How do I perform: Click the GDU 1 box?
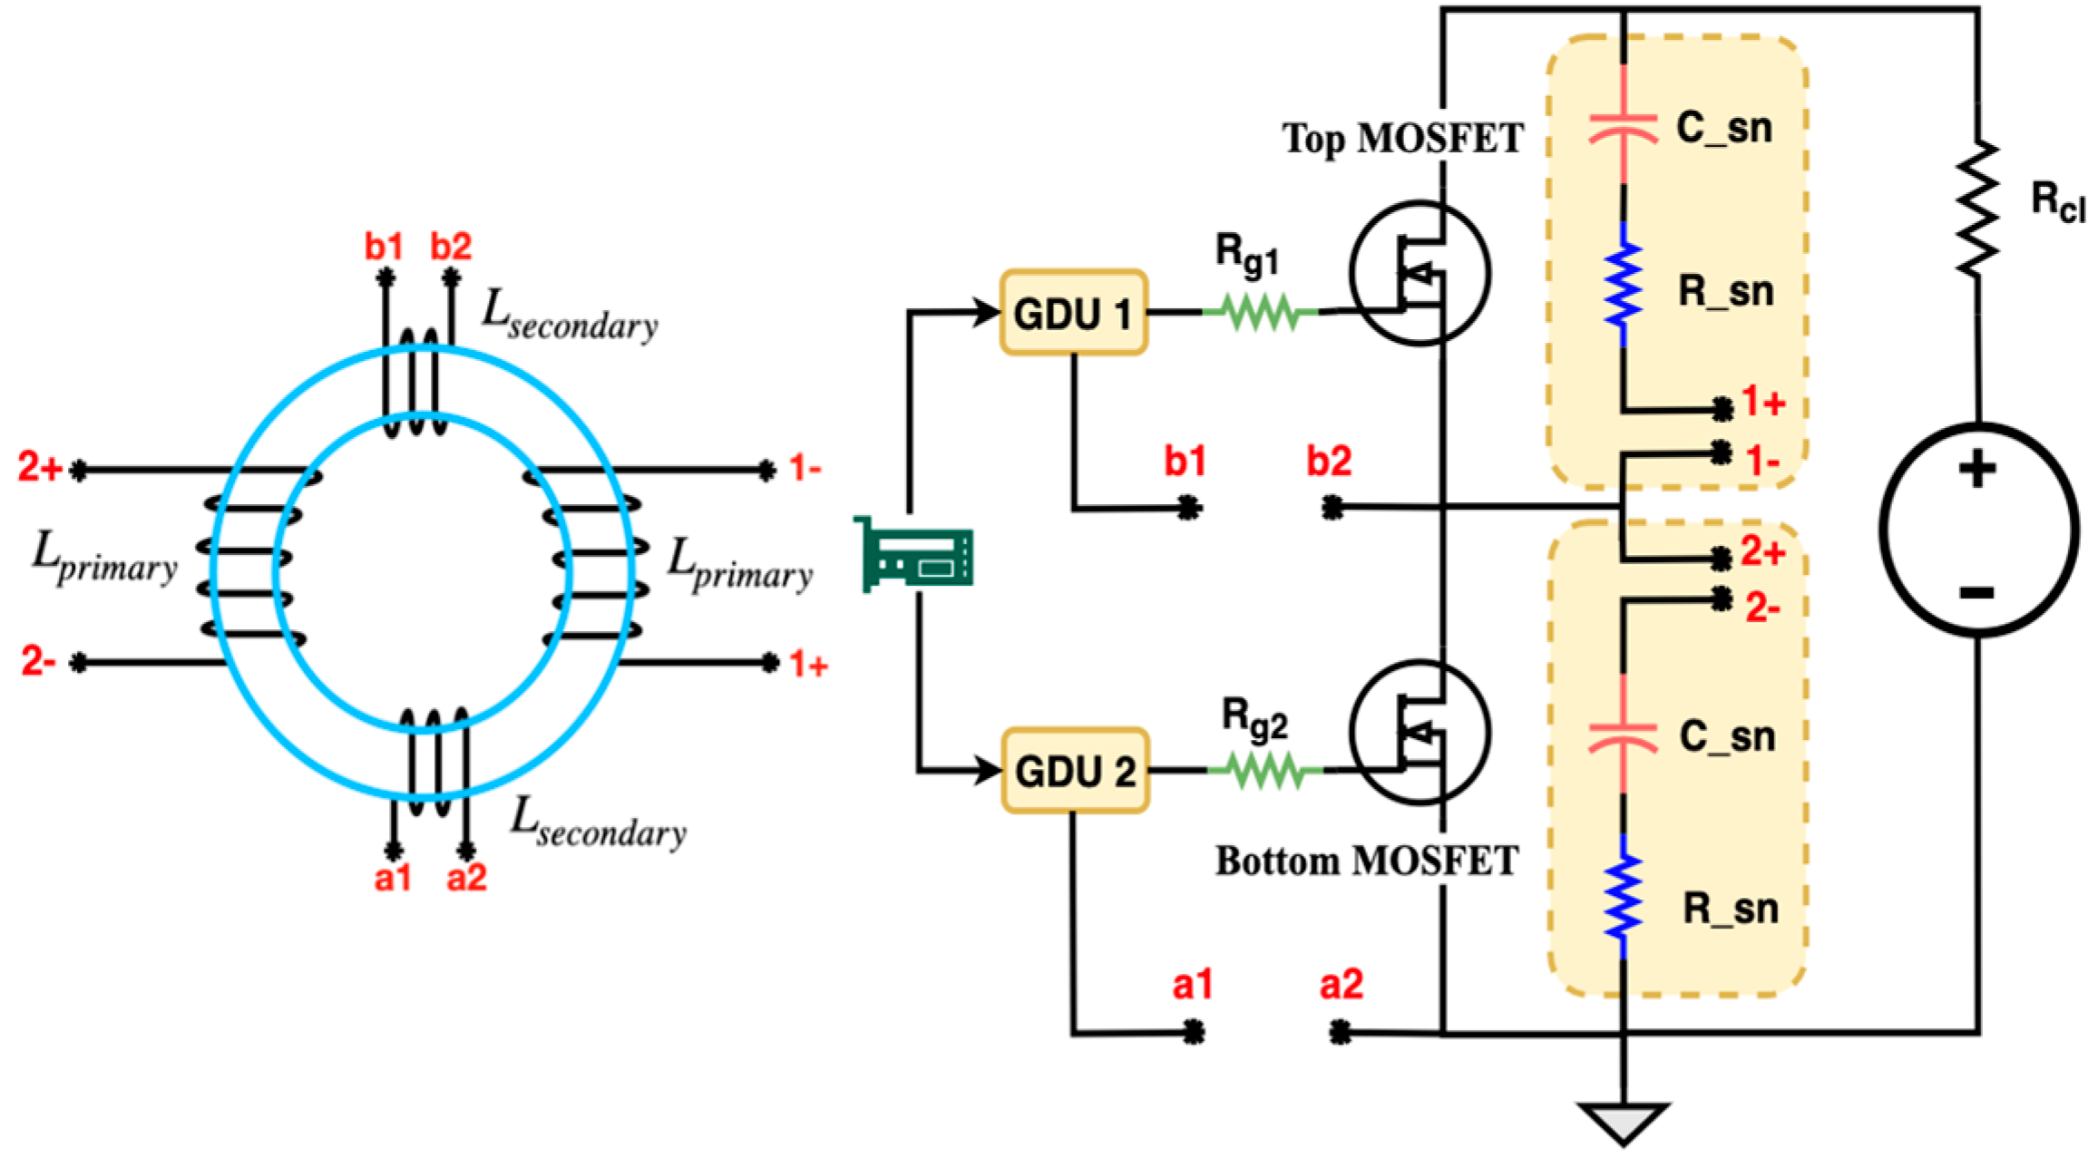[x=1073, y=313]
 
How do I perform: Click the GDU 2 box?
[x=1075, y=771]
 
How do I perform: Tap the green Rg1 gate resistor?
[x=1261, y=312]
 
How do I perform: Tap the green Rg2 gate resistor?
[x=1264, y=771]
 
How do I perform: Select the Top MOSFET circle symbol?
[x=1420, y=273]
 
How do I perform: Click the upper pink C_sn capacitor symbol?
[x=1623, y=128]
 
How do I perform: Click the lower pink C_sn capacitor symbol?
[x=1623, y=737]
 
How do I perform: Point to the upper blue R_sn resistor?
[x=1623, y=284]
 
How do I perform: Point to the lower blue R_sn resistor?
[x=1623, y=898]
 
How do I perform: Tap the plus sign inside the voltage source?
[x=1977, y=470]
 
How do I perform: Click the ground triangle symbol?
[x=1623, y=1121]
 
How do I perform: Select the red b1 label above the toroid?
[x=384, y=247]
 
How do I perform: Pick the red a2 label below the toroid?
[x=466, y=877]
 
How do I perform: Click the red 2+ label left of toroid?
[x=40, y=468]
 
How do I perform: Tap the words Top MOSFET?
[x=1402, y=139]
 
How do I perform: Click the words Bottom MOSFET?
[x=1366, y=861]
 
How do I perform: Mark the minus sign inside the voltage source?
[x=1977, y=593]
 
